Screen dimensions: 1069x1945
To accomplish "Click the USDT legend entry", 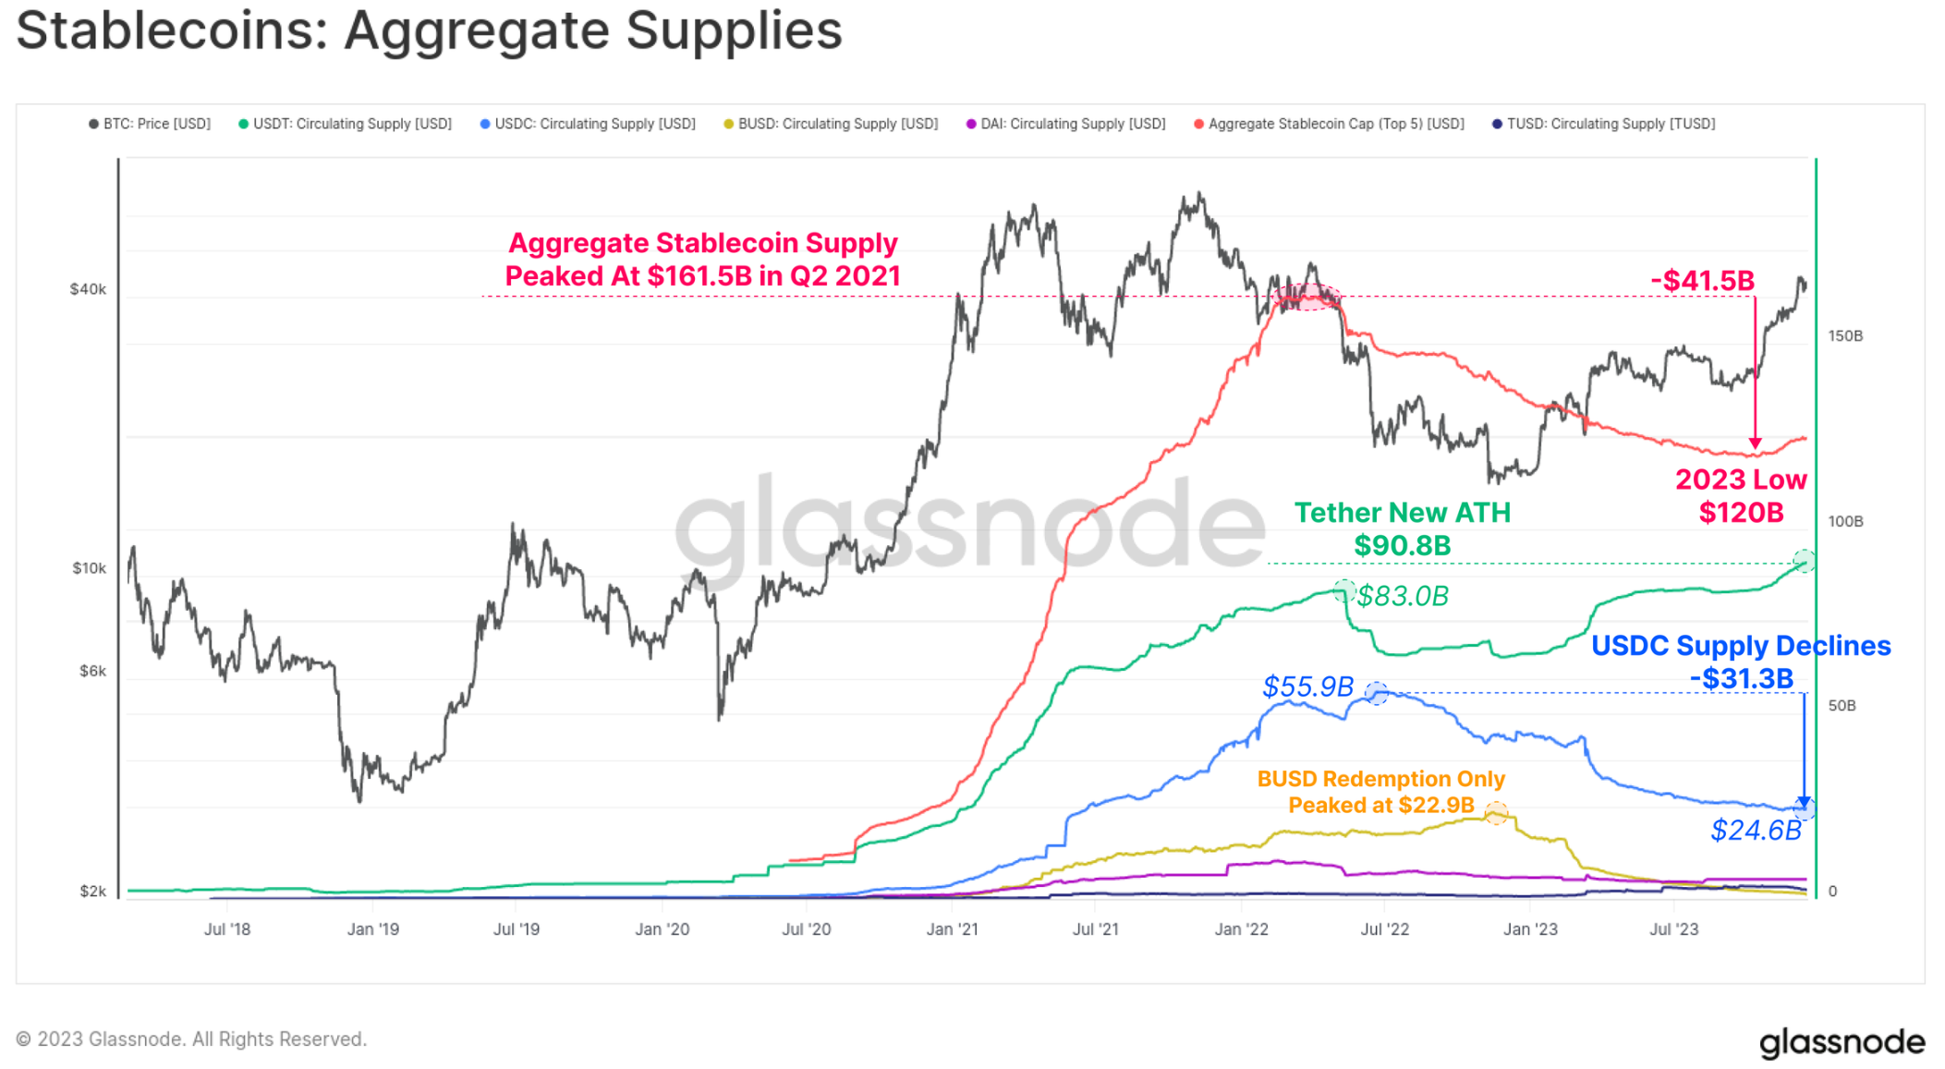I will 346,124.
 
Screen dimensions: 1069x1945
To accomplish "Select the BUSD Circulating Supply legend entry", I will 831,124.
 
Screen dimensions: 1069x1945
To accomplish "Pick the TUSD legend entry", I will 1604,124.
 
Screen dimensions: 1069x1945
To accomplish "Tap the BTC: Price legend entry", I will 150,124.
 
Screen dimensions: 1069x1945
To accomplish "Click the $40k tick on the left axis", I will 88,289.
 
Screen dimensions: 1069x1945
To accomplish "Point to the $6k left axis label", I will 92,671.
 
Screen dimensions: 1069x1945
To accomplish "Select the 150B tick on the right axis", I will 1845,335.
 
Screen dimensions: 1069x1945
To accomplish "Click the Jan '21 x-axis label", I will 952,929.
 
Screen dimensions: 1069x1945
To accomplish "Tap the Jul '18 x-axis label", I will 227,929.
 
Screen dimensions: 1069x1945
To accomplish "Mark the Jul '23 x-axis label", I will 1674,929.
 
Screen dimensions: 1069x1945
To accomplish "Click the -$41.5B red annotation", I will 1702,281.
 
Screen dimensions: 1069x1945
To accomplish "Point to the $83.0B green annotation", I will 1403,596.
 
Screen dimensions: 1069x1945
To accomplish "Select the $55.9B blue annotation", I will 1307,686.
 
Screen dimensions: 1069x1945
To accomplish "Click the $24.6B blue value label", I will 1756,831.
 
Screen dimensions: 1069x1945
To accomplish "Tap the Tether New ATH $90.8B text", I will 1402,529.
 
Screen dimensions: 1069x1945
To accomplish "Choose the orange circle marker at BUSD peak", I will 1496,813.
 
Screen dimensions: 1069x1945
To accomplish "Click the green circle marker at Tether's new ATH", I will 1804,561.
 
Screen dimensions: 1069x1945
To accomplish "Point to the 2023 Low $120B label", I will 1741,496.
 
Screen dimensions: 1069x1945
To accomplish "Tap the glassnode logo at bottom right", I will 1842,1041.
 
